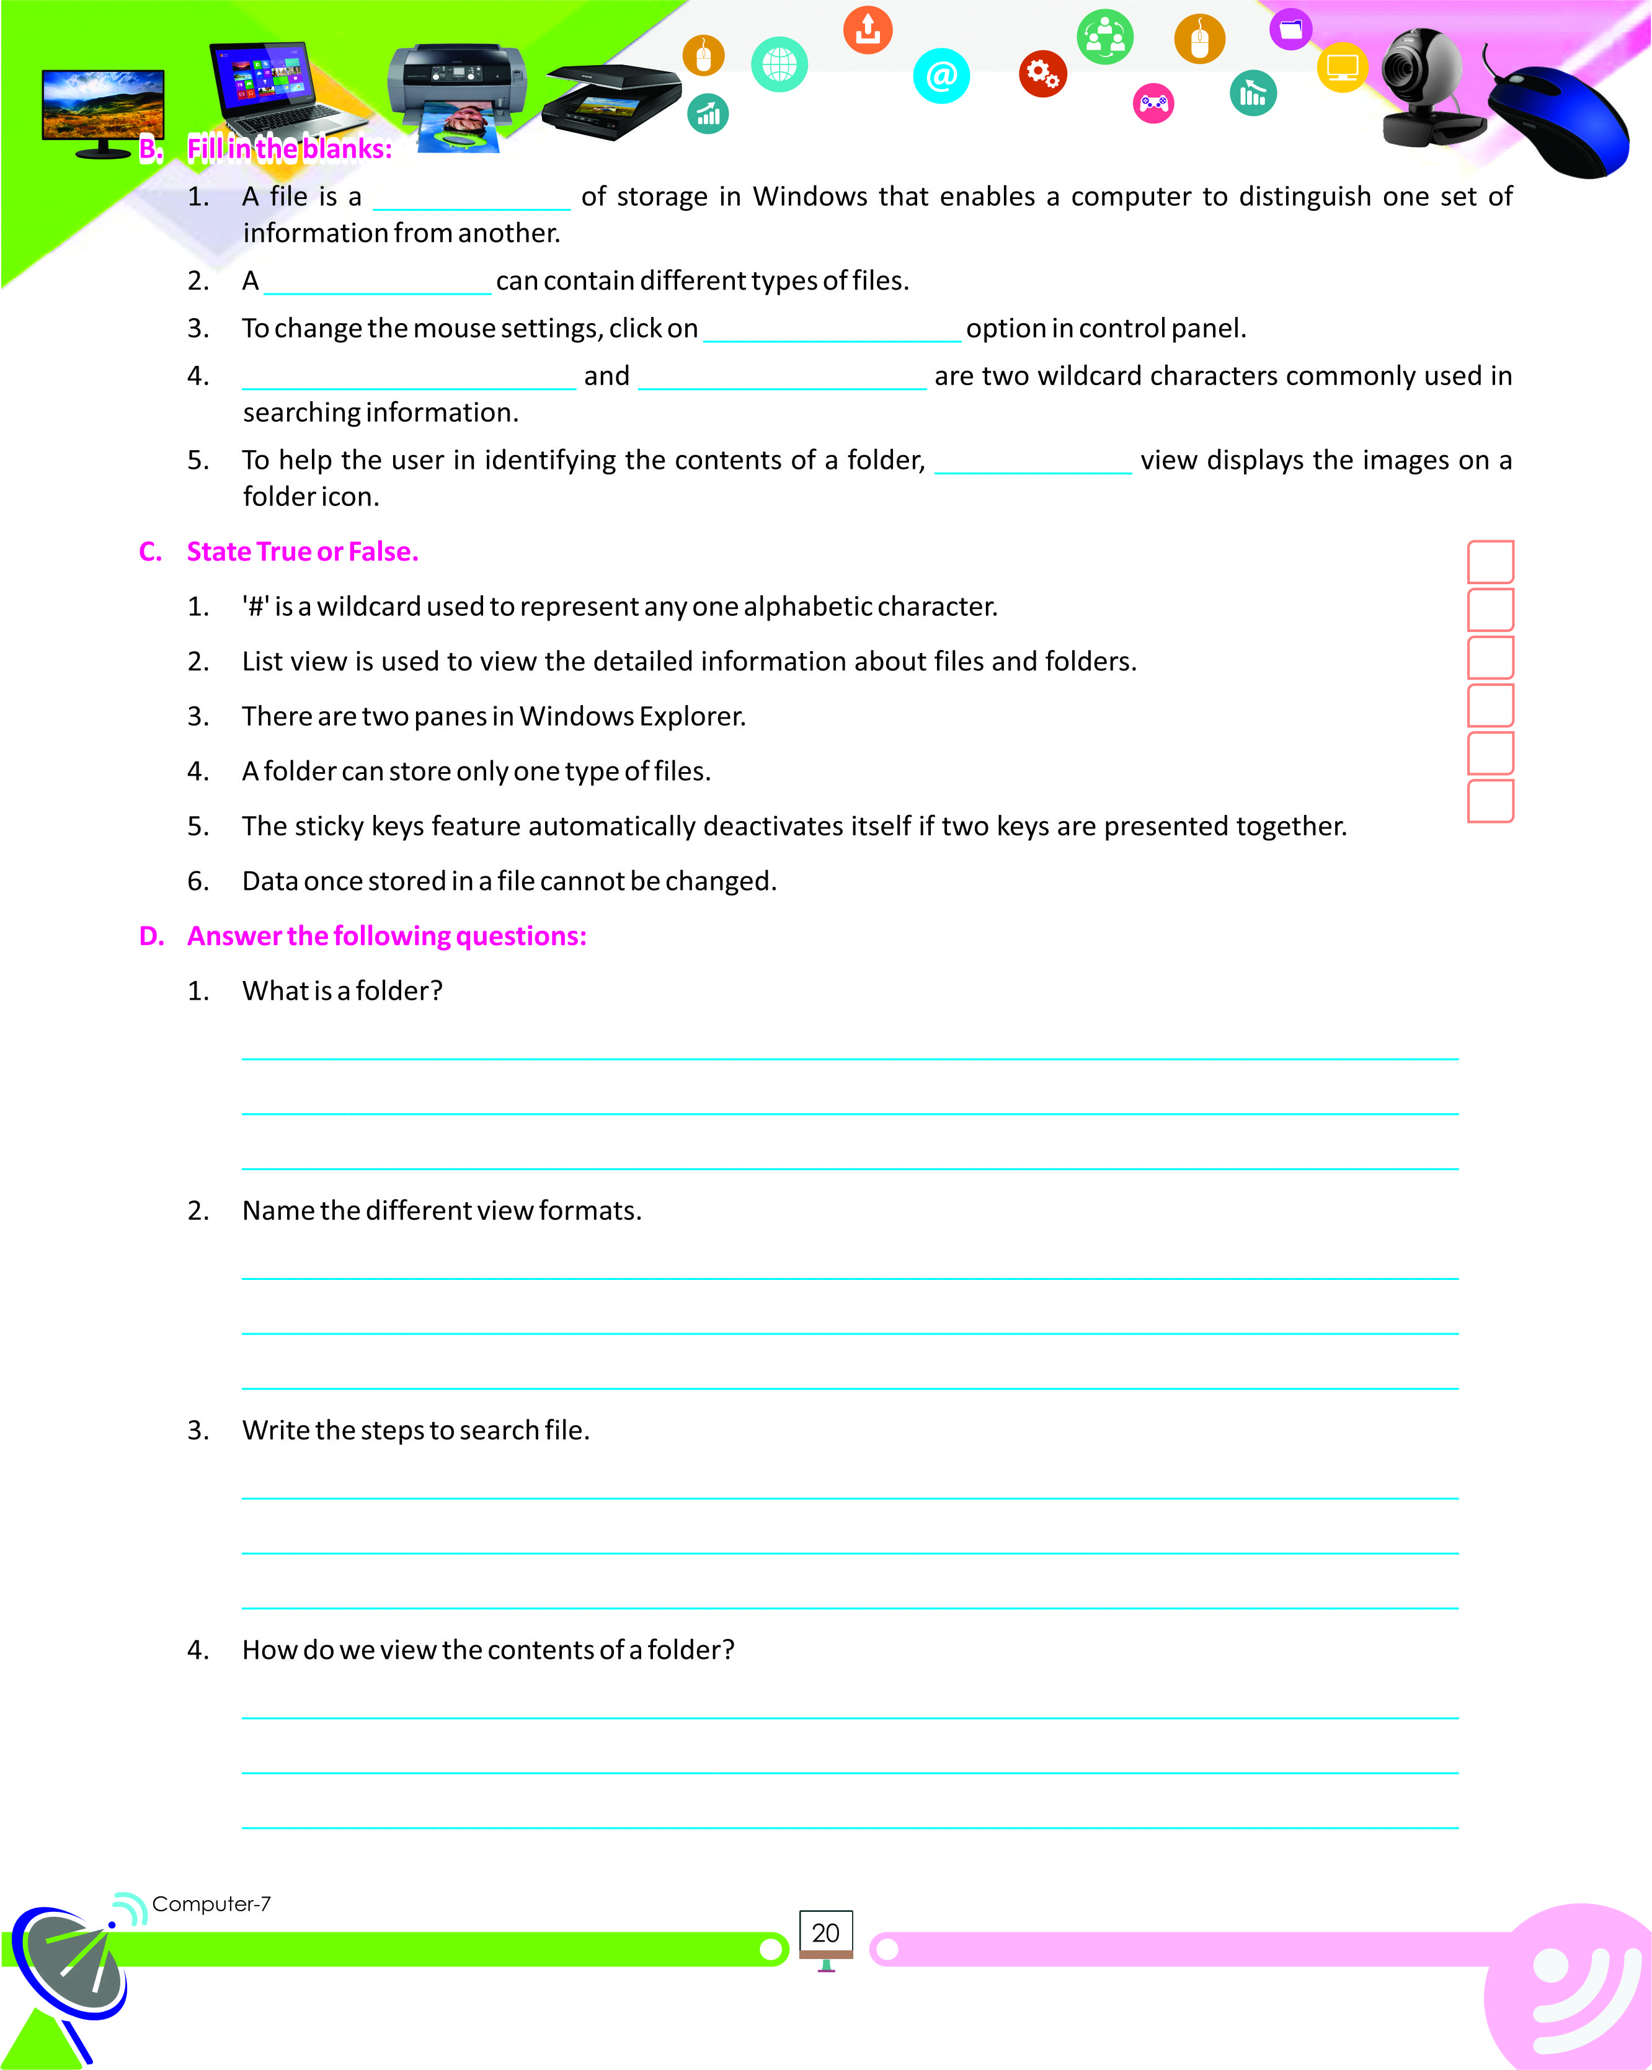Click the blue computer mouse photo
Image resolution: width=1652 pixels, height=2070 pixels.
[1560, 120]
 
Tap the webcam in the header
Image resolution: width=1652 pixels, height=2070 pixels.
[1426, 86]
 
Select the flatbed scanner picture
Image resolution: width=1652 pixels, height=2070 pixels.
[611, 101]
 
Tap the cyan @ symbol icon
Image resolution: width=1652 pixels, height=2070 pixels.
[941, 75]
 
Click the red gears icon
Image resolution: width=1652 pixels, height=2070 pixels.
[1042, 73]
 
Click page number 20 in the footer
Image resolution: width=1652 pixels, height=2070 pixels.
[825, 1933]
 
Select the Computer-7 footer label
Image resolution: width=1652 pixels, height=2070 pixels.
[211, 1904]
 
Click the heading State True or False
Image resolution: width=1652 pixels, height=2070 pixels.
[303, 552]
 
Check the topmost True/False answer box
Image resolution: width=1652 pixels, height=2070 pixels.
[1491, 562]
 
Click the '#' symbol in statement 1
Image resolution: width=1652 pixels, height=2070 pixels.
[256, 606]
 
